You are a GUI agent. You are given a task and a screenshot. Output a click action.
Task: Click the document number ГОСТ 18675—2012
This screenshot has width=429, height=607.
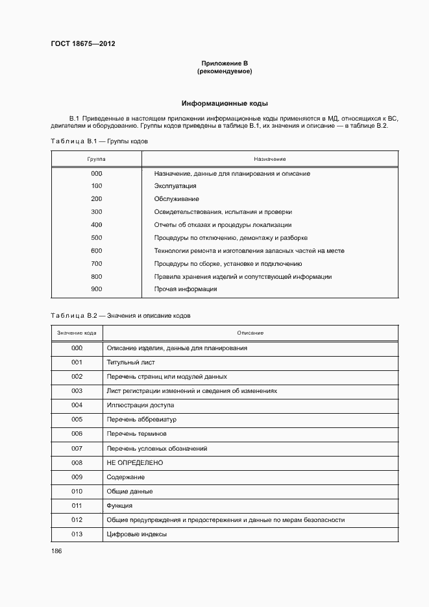(x=82, y=44)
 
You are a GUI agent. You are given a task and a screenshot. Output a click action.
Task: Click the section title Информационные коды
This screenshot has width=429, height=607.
(x=225, y=103)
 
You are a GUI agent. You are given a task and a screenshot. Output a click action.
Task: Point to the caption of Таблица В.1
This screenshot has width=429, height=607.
(x=99, y=141)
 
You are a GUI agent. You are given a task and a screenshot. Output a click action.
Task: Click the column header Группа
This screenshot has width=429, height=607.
(x=97, y=159)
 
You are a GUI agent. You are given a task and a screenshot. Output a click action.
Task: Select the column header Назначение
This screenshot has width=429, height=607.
(x=270, y=159)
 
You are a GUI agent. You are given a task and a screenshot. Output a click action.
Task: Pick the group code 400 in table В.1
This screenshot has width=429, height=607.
(x=97, y=225)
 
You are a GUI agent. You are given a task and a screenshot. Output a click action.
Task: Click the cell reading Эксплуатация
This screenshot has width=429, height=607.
(x=175, y=186)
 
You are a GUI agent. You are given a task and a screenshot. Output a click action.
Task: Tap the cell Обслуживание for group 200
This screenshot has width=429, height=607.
(x=177, y=199)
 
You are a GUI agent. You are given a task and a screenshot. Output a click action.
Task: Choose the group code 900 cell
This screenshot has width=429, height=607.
(x=97, y=289)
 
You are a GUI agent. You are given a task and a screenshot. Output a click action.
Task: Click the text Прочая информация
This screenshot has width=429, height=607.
(x=185, y=289)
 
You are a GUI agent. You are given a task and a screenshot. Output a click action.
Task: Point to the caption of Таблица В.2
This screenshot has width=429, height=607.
(x=120, y=315)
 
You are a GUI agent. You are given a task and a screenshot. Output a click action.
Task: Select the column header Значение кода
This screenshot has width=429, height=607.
(x=77, y=333)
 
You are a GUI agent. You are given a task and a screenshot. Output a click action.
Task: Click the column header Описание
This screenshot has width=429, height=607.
(x=250, y=333)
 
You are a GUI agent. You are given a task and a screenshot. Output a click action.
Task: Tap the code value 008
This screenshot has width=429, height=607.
(x=77, y=462)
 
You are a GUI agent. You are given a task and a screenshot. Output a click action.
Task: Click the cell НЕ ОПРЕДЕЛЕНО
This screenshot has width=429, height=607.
(x=134, y=462)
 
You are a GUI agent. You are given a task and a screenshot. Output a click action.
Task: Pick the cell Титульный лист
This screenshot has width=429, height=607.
(x=130, y=363)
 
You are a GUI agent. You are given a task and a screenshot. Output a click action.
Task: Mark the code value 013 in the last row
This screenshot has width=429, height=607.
(x=77, y=534)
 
